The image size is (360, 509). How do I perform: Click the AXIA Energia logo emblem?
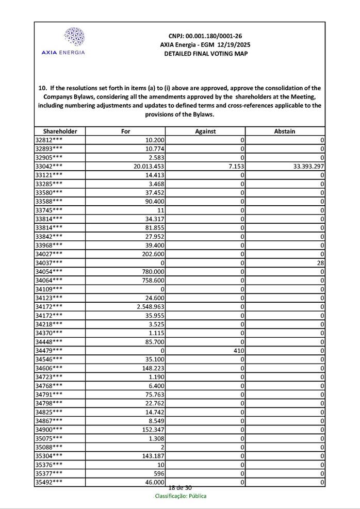(x=74, y=37)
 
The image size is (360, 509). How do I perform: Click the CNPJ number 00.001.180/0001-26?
(x=205, y=36)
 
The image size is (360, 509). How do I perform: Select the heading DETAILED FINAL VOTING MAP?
(x=205, y=54)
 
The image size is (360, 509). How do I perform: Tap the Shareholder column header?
(x=60, y=132)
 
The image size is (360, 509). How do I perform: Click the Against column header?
(x=205, y=132)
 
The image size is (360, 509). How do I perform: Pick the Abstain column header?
(x=285, y=132)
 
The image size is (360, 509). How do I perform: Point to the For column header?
(x=125, y=132)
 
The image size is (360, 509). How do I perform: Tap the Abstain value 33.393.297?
(x=304, y=167)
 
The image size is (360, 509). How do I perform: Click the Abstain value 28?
(x=320, y=262)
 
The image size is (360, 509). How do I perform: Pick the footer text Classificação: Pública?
(x=181, y=496)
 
